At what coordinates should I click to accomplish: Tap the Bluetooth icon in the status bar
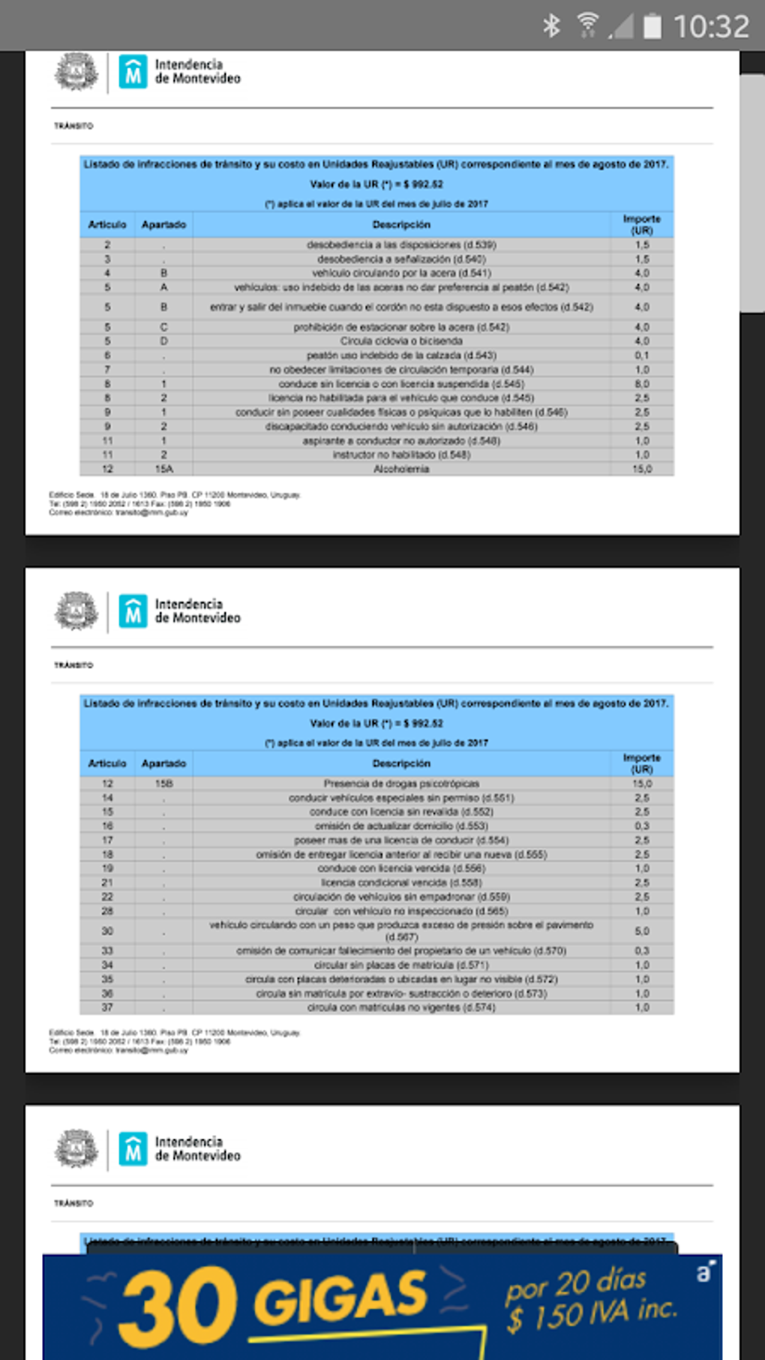[x=552, y=26]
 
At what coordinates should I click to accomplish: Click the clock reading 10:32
[x=711, y=27]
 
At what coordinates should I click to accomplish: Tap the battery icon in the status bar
[x=652, y=26]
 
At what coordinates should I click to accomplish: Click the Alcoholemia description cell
[x=401, y=469]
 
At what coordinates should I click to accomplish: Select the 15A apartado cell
[x=163, y=469]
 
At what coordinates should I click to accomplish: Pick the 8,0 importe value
[x=642, y=384]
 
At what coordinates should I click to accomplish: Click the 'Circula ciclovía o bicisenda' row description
[x=401, y=341]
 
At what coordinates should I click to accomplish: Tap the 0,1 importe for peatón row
[x=642, y=356]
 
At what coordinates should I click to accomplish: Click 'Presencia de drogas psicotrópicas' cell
[x=401, y=783]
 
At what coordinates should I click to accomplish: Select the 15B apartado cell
[x=163, y=783]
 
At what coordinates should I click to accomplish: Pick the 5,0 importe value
[x=642, y=931]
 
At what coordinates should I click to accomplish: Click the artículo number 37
[x=107, y=1007]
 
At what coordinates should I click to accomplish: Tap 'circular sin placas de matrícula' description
[x=401, y=965]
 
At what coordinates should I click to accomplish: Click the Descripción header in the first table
[x=401, y=224]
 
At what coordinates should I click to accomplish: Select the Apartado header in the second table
[x=163, y=764]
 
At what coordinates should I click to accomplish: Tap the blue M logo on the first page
[x=133, y=73]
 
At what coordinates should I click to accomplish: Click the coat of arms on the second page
[x=76, y=611]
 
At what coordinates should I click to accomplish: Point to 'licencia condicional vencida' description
[x=401, y=883]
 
